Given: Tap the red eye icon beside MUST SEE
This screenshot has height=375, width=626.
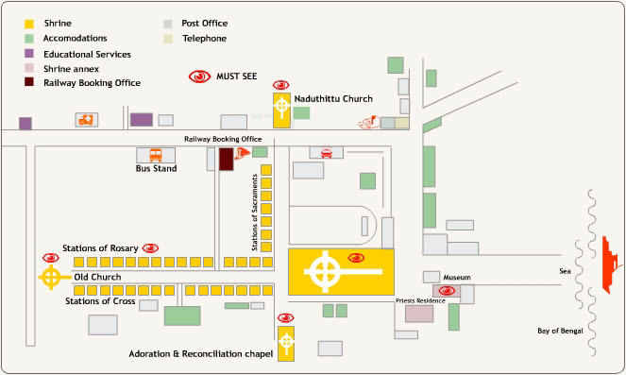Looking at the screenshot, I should point(199,77).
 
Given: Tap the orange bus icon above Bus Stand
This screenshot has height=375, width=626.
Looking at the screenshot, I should point(155,155).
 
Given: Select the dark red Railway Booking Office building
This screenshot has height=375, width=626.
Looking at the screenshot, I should point(227,159).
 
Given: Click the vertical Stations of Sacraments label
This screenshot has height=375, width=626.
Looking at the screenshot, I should point(255,212).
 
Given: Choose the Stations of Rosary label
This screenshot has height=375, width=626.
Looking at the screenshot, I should point(100,248).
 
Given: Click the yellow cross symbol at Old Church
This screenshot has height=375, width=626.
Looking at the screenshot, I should point(51,277).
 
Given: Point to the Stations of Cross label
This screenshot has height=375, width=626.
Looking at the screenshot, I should point(99,301).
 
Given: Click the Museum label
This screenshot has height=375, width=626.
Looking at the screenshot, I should point(456,277).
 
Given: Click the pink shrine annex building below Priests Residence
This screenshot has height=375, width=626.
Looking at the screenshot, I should point(419,314).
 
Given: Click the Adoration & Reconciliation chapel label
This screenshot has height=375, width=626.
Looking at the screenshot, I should point(200,354).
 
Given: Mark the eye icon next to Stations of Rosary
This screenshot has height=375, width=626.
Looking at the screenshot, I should point(149,247).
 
